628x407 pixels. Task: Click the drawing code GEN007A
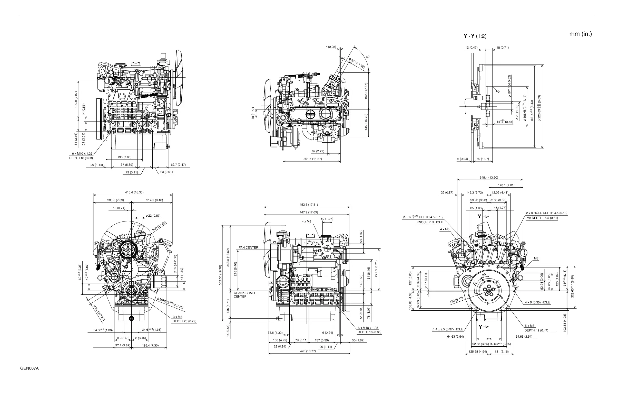29,368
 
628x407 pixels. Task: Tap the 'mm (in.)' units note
581,34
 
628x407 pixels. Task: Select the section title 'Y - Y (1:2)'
475,36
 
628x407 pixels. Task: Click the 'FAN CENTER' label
248,248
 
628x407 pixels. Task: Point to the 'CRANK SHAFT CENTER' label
244,295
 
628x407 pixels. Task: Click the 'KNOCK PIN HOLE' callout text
430,222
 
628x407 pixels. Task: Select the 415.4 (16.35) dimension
134,192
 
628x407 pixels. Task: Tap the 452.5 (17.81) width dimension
308,205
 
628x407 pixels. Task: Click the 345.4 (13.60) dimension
489,178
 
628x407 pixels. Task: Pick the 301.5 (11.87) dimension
313,159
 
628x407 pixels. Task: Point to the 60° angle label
368,57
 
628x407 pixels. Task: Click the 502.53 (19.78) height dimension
221,275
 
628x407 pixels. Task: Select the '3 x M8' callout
177,317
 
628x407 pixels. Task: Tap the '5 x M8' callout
529,326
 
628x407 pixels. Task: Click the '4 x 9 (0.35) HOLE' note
537,302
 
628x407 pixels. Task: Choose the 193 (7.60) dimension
124,157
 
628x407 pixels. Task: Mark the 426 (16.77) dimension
308,351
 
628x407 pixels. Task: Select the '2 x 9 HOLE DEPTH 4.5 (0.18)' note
546,213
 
